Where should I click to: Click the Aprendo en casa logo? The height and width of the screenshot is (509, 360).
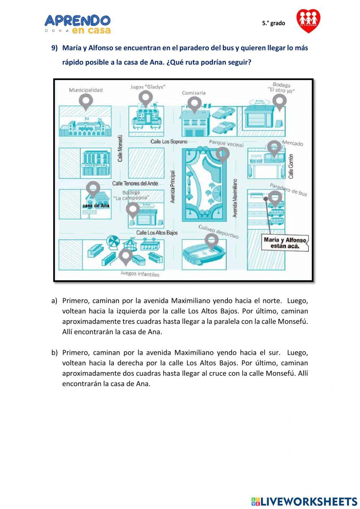(78, 24)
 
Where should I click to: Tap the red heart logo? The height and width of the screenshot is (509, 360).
(308, 21)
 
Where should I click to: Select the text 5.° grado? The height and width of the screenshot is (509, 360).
(274, 23)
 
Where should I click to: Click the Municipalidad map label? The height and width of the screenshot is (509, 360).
(86, 90)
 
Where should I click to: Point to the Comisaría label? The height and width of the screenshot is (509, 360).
(194, 93)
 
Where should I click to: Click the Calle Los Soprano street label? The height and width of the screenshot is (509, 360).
(169, 142)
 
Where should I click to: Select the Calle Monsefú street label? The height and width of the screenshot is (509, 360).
(121, 148)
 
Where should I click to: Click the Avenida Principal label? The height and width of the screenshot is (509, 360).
(173, 187)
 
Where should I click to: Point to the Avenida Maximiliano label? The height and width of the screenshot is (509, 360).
(235, 198)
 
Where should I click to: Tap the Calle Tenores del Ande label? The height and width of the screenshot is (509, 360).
(135, 183)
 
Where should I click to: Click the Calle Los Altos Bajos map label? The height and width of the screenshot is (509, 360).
(157, 233)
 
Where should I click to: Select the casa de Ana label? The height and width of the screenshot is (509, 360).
(96, 206)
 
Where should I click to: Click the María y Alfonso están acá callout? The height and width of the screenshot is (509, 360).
(285, 243)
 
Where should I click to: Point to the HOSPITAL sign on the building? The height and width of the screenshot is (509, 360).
(96, 165)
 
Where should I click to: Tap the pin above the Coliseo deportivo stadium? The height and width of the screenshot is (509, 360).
(211, 240)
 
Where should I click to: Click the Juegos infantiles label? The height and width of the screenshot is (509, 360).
(140, 274)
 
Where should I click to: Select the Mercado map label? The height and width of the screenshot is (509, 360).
(293, 143)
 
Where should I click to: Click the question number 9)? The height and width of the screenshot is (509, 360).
(54, 48)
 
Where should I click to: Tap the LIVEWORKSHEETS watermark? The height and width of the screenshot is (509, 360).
(304, 501)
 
